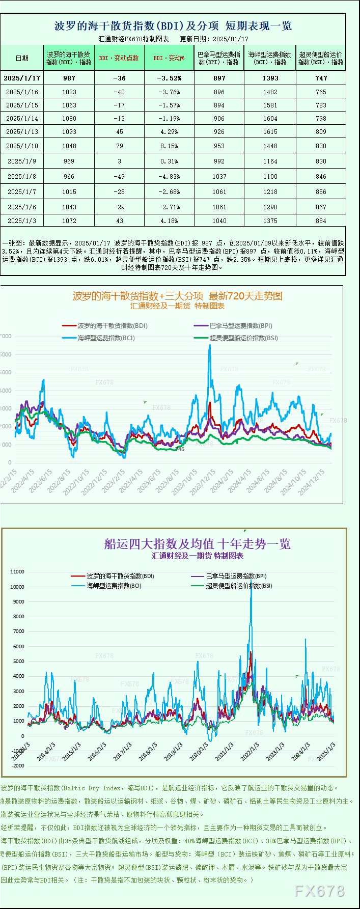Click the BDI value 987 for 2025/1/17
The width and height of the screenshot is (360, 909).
click(69, 78)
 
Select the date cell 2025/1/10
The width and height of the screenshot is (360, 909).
click(22, 146)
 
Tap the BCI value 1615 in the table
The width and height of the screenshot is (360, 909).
click(270, 131)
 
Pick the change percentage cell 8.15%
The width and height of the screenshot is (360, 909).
click(169, 146)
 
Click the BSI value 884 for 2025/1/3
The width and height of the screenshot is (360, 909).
click(321, 221)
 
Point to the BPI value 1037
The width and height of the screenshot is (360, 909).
click(219, 176)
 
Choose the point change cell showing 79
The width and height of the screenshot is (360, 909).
click(120, 146)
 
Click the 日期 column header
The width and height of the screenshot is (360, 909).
click(22, 58)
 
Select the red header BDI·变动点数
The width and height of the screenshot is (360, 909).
click(119, 58)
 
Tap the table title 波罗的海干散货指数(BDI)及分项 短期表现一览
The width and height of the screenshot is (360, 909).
click(173, 26)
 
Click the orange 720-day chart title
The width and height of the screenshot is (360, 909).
click(177, 296)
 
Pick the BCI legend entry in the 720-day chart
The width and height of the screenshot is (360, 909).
click(106, 338)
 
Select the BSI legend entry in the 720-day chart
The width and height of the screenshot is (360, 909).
click(243, 338)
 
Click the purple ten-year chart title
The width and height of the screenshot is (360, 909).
click(198, 544)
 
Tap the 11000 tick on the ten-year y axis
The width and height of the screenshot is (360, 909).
click(17, 572)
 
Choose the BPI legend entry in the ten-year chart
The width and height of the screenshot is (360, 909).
click(236, 576)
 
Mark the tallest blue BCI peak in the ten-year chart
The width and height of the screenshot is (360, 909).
click(251, 581)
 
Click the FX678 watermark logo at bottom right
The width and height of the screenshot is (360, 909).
click(320, 891)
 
